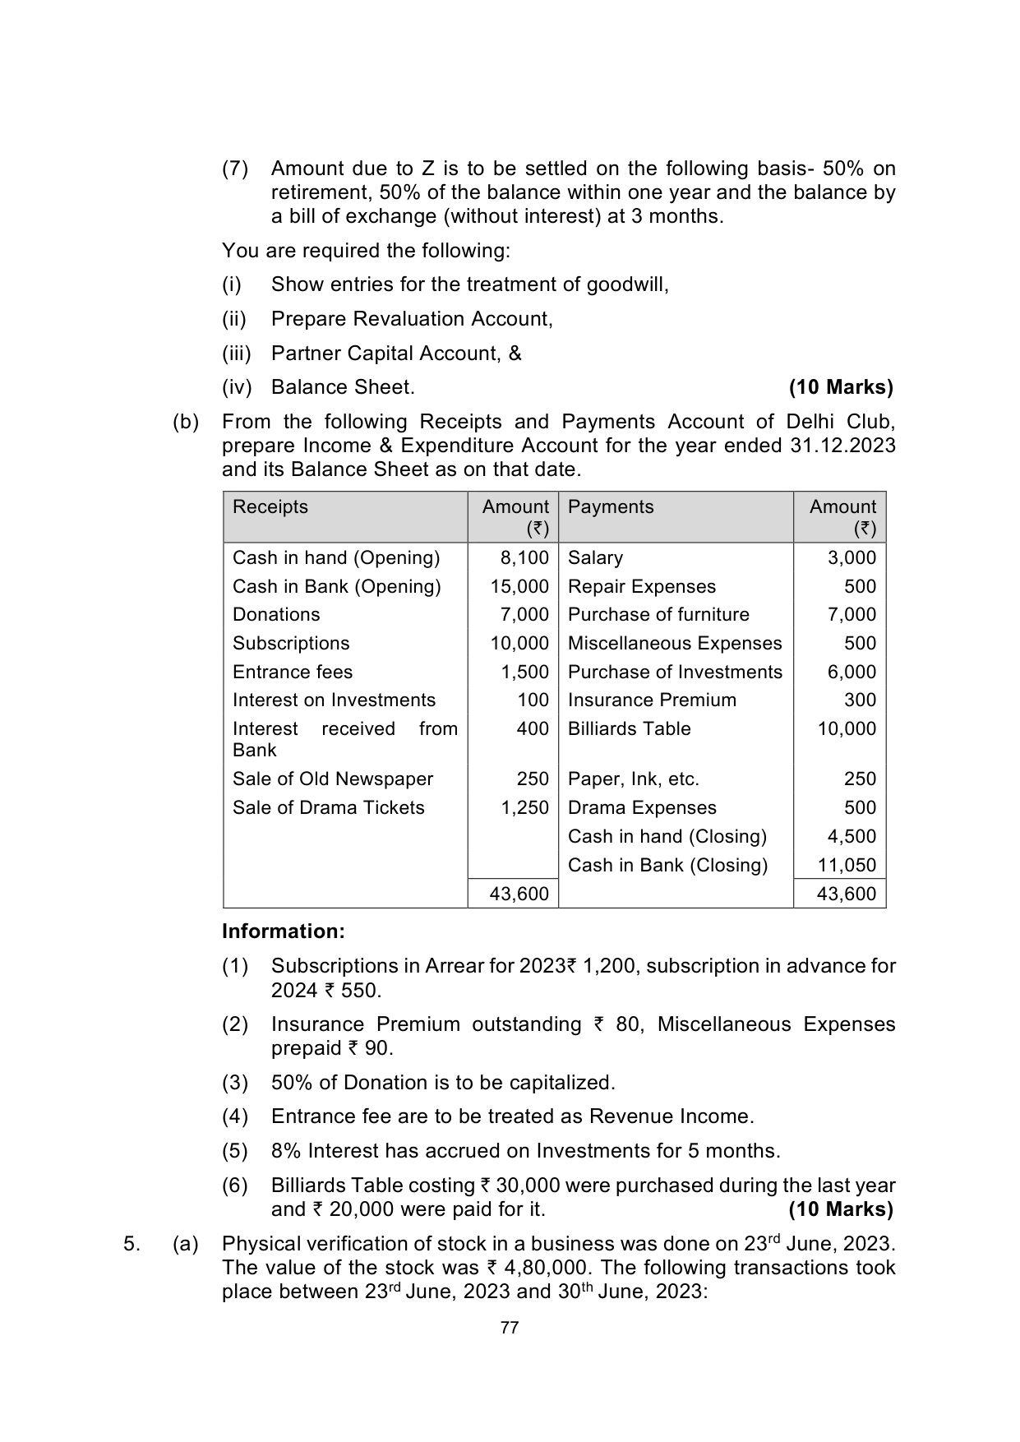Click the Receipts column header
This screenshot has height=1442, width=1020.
[270, 507]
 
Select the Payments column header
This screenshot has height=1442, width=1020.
[611, 507]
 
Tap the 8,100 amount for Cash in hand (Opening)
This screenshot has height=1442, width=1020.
[524, 558]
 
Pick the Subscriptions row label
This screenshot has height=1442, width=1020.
[291, 644]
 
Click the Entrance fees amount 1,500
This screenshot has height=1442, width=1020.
[524, 672]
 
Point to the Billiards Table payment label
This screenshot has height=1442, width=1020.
[629, 729]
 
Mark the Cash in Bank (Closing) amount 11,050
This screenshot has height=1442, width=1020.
[847, 866]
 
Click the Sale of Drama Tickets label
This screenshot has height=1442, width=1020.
[329, 808]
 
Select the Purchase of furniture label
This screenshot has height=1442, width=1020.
[658, 615]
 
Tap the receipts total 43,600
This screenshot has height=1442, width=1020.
[519, 894]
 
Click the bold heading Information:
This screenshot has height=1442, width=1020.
[284, 931]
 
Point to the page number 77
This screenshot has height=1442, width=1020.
[510, 1329]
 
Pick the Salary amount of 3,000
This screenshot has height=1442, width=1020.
[852, 558]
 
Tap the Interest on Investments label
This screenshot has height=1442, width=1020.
[334, 700]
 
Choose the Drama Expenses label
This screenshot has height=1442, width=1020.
[642, 808]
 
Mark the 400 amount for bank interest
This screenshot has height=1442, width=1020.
[533, 729]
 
